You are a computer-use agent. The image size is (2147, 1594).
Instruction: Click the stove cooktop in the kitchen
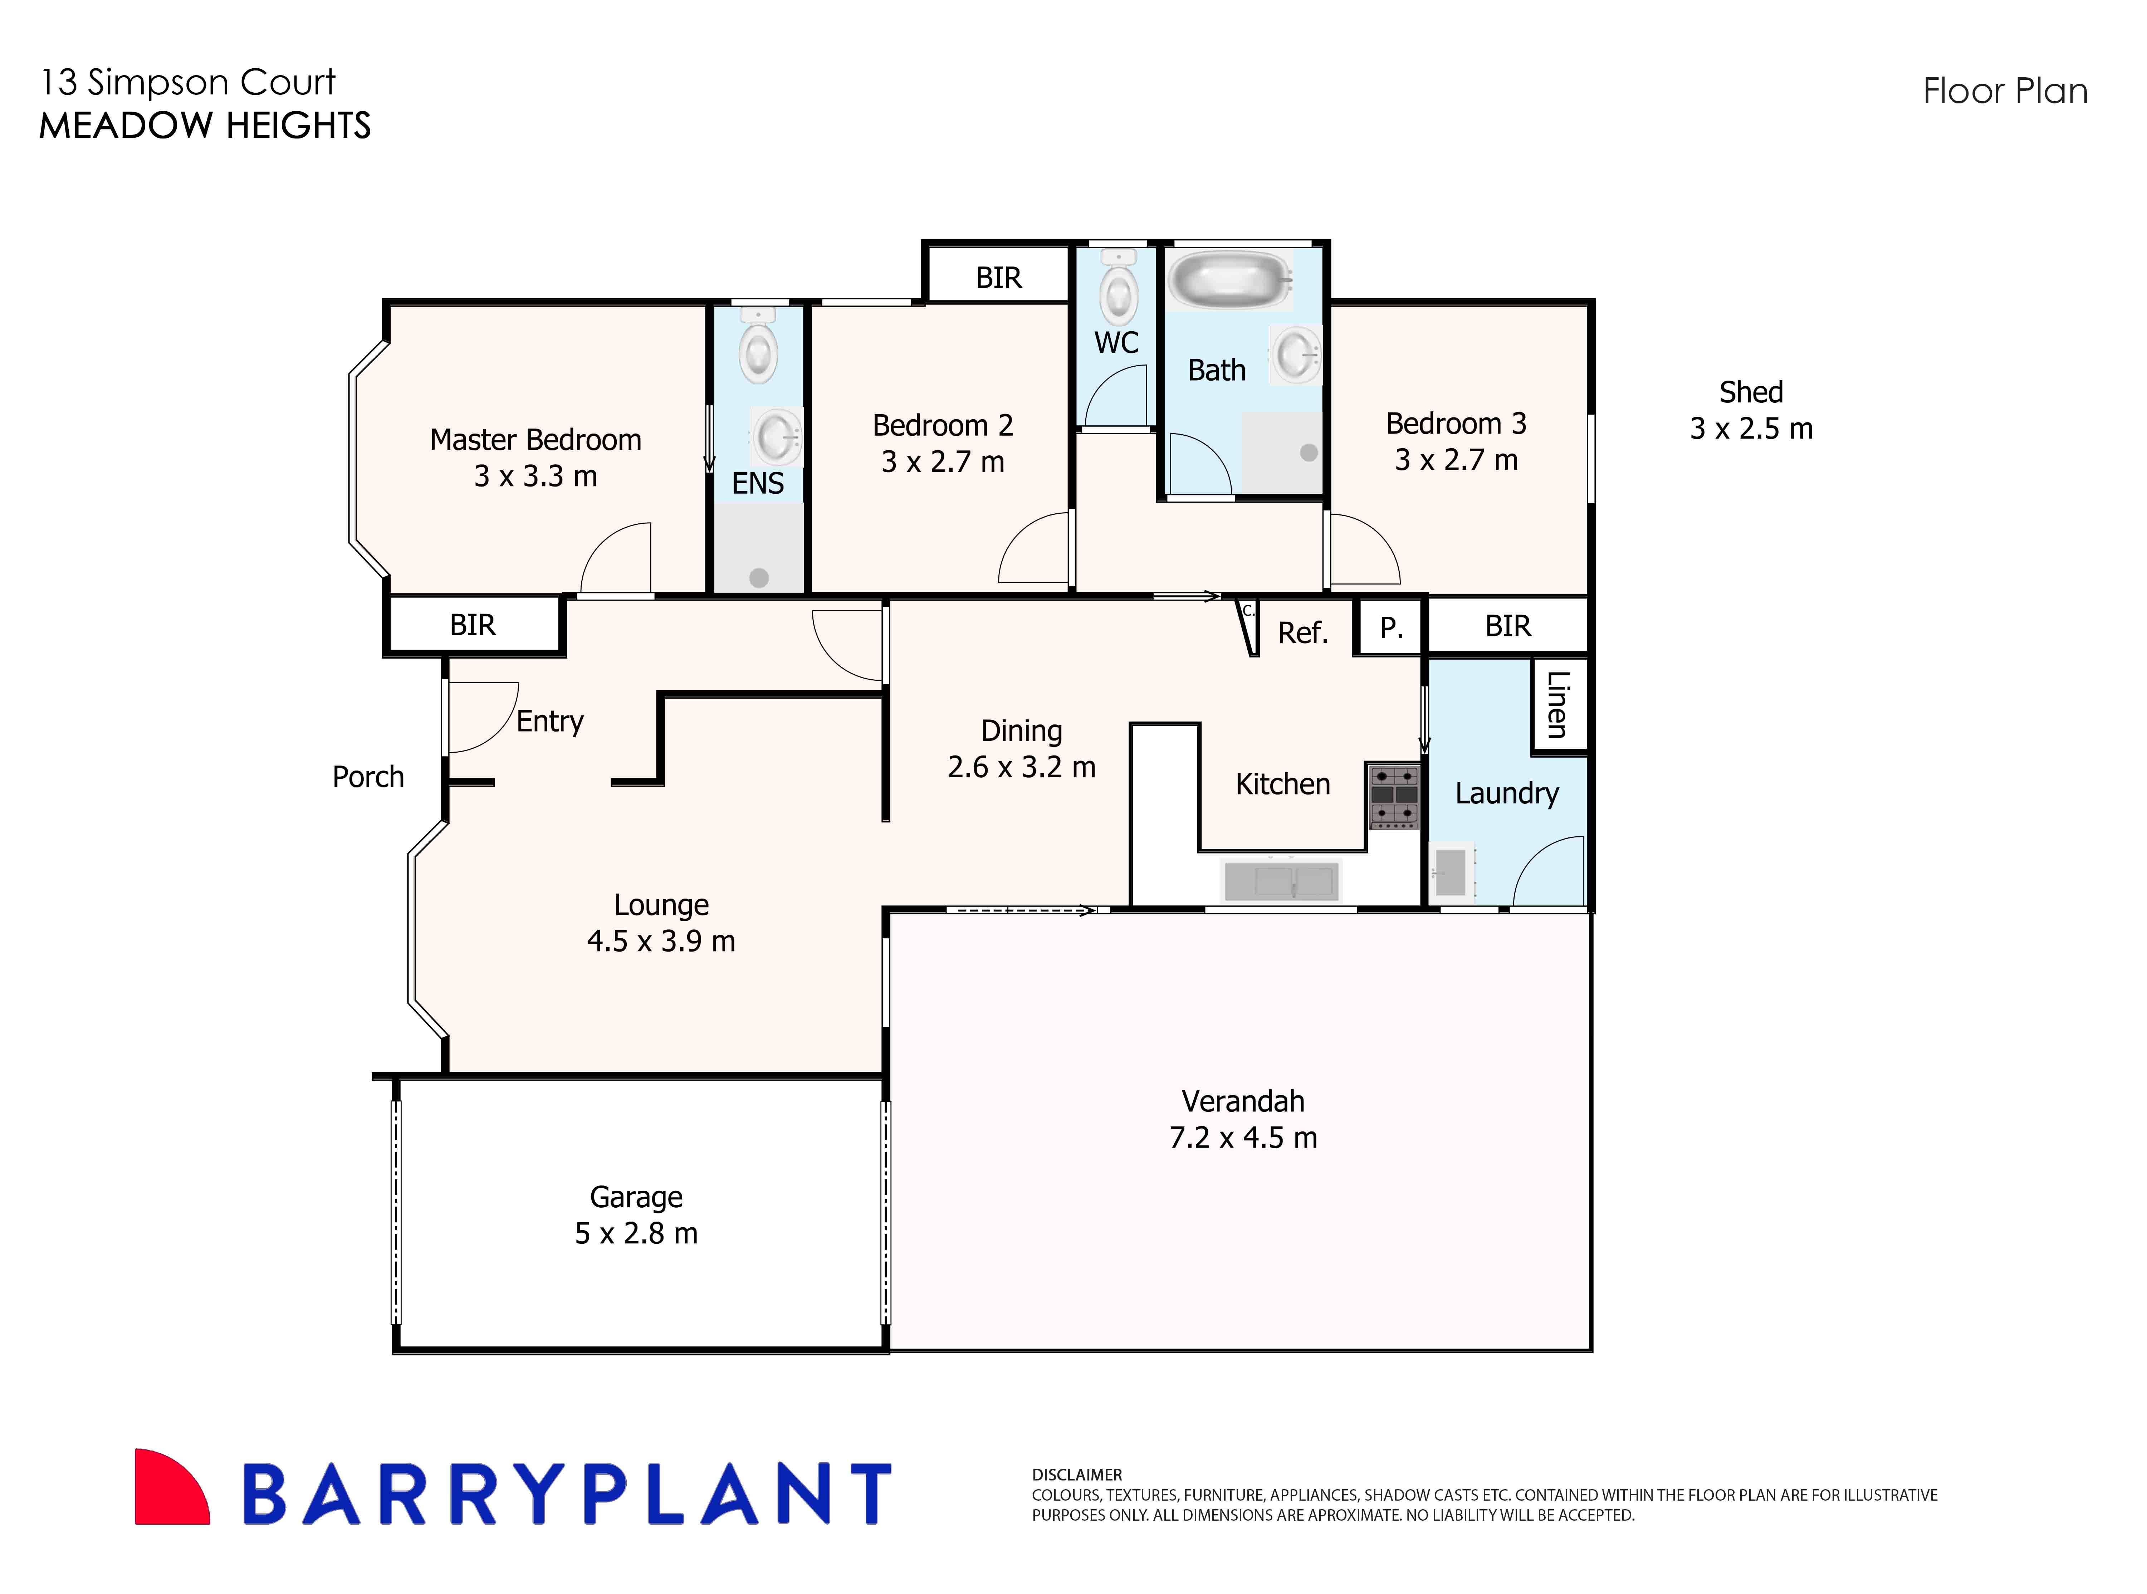click(x=1394, y=796)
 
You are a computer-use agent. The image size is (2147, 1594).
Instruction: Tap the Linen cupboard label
click(x=1556, y=704)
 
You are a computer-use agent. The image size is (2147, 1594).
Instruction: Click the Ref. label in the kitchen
click(x=1303, y=633)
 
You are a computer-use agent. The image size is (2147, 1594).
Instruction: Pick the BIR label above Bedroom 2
click(x=998, y=278)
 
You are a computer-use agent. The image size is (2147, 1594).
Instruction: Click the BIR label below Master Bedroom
click(x=473, y=625)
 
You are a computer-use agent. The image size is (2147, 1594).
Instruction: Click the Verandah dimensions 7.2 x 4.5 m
click(x=1243, y=1138)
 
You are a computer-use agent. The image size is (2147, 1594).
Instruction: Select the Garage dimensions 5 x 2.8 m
click(x=636, y=1233)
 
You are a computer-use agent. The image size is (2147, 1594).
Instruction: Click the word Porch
click(x=368, y=777)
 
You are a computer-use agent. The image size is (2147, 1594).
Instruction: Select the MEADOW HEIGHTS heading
click(x=205, y=126)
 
